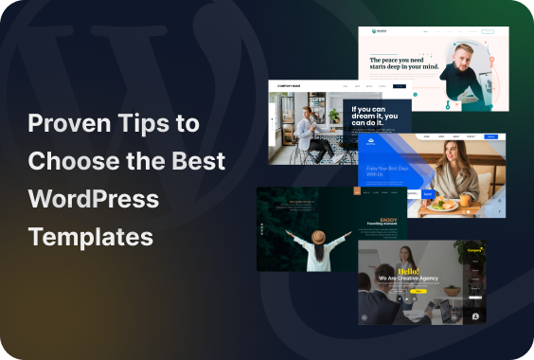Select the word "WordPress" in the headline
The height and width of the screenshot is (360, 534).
[x=94, y=199]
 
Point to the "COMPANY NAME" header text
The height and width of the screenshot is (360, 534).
[x=288, y=85]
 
